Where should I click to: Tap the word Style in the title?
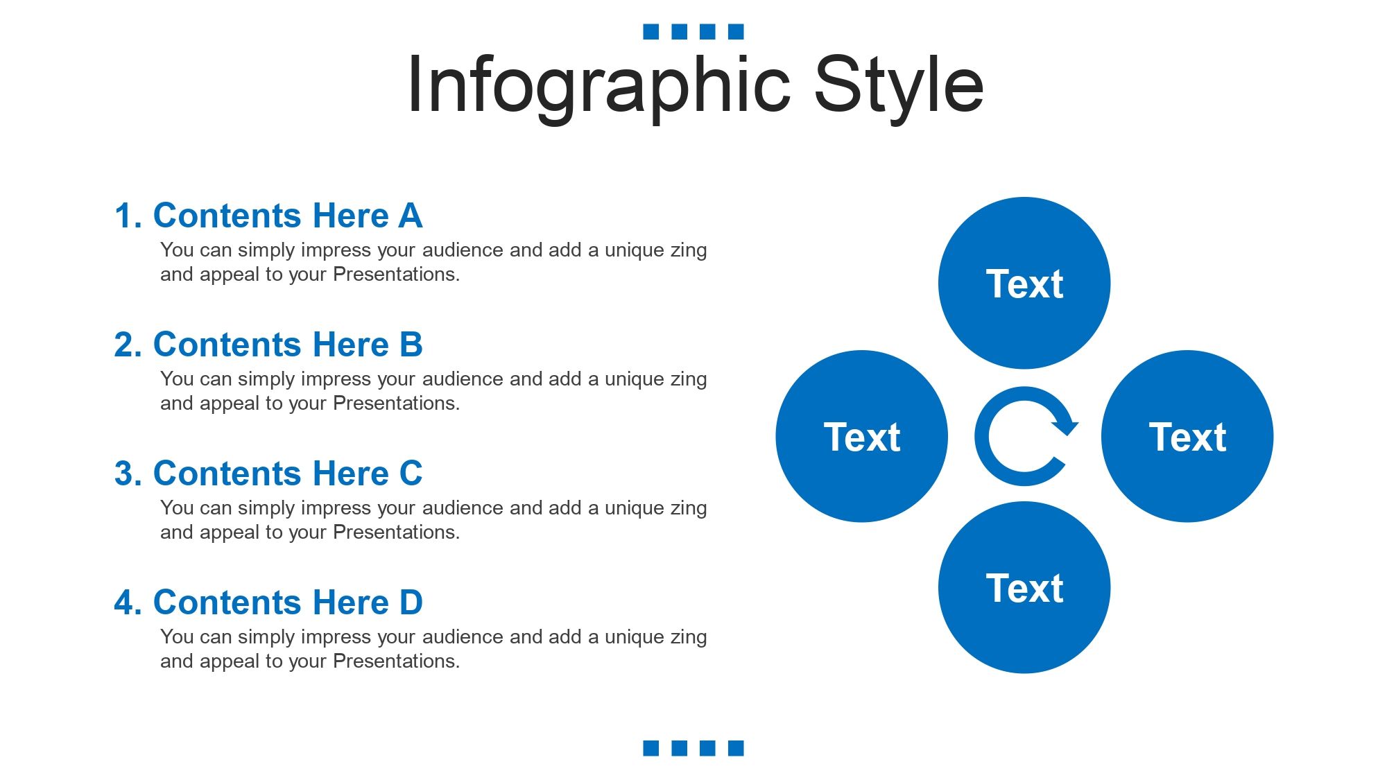(899, 87)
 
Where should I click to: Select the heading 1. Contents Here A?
(268, 216)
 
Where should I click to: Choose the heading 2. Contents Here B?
(268, 345)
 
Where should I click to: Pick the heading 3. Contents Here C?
(268, 474)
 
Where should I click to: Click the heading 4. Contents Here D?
(268, 603)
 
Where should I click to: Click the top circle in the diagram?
(1024, 283)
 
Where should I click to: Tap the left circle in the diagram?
(862, 436)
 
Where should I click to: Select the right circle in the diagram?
(1187, 436)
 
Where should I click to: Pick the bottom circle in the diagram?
(1024, 587)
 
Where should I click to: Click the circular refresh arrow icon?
(981, 437)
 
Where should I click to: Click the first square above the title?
(651, 31)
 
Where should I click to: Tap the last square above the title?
(736, 31)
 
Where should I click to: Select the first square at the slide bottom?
(651, 748)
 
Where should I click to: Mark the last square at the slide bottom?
(736, 748)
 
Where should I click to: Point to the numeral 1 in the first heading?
(123, 216)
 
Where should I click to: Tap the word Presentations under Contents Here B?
(396, 404)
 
